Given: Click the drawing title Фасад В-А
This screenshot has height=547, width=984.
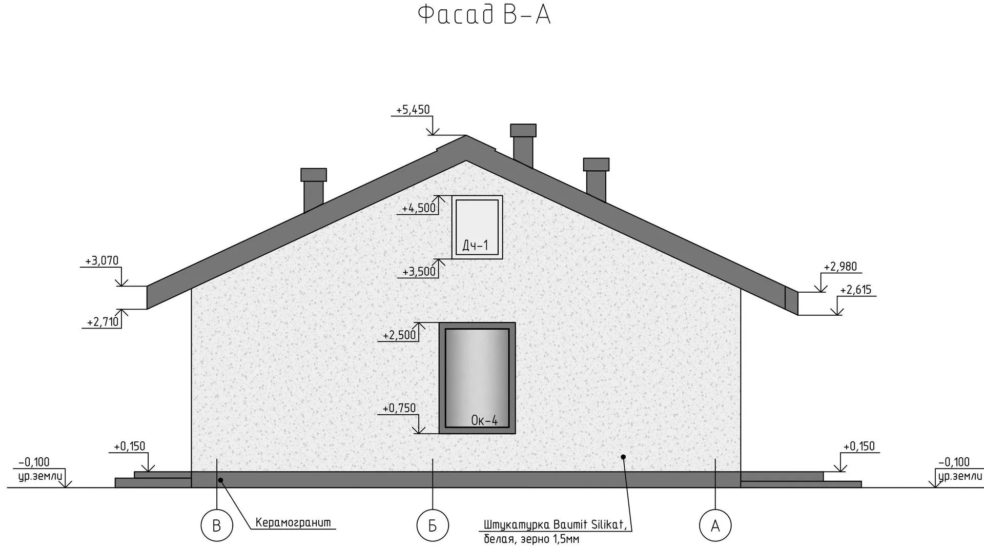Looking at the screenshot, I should (x=484, y=15).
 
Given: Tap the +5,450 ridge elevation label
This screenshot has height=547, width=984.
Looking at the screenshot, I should (x=413, y=110).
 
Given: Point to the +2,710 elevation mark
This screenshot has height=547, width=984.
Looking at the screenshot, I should (x=102, y=322).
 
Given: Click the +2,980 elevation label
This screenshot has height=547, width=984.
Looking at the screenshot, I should (x=840, y=267).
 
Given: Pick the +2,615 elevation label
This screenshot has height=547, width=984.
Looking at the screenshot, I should (x=855, y=290).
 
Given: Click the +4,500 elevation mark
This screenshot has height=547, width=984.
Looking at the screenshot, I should (x=418, y=208).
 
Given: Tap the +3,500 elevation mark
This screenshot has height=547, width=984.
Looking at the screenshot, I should (x=418, y=272).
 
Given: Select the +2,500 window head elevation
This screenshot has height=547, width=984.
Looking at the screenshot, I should (x=399, y=335).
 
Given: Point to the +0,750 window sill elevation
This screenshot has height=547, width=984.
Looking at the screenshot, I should (x=399, y=408).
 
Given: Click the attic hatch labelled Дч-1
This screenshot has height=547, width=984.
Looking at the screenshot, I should (x=477, y=227).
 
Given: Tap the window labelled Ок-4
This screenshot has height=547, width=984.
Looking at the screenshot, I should (x=477, y=378).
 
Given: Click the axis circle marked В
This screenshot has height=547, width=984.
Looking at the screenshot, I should (x=216, y=525).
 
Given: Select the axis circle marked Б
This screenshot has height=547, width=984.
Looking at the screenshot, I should (x=433, y=525).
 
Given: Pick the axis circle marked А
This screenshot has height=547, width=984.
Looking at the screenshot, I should (x=715, y=525).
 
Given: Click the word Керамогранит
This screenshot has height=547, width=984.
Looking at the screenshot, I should (x=293, y=523).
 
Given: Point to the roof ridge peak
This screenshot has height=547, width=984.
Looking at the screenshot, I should (x=466, y=136).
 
